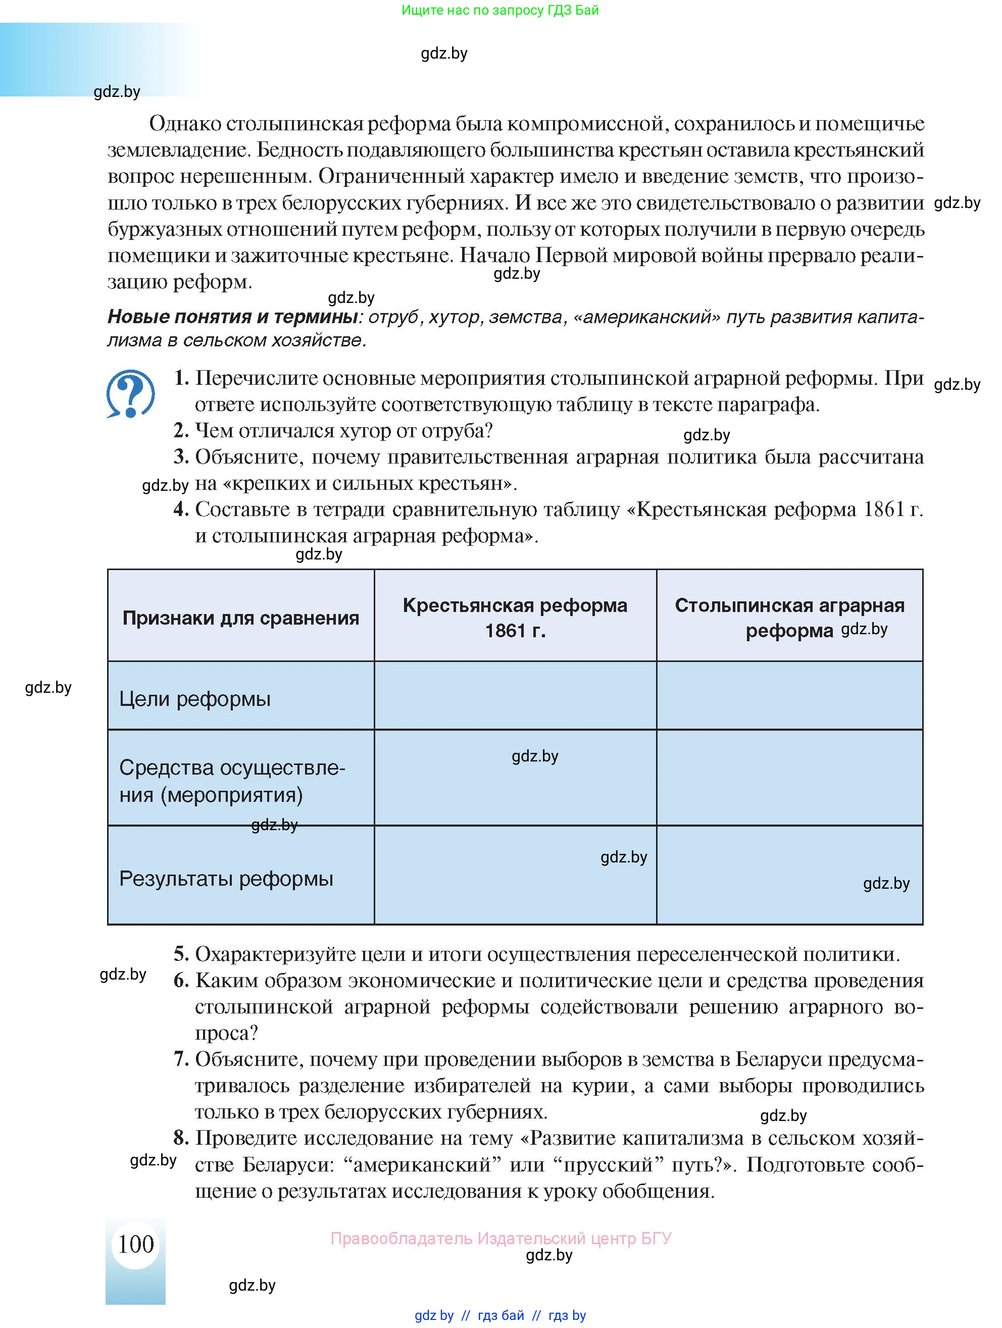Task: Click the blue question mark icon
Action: click(x=130, y=394)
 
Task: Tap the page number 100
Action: click(x=136, y=1244)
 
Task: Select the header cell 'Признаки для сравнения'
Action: click(x=241, y=618)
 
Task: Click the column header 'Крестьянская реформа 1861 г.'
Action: click(x=515, y=618)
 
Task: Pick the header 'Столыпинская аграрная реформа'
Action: click(x=789, y=618)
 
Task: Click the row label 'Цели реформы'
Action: click(x=195, y=699)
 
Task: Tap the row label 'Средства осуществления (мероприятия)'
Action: click(x=232, y=781)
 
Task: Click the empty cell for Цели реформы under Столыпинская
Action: click(x=789, y=695)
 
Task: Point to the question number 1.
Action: click(x=181, y=378)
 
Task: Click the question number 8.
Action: click(x=181, y=1138)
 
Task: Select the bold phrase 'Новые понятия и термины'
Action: click(x=232, y=317)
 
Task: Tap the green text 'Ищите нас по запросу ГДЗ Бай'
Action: click(x=499, y=10)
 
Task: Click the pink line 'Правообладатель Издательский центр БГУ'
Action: click(x=500, y=1238)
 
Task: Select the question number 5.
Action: click(x=181, y=954)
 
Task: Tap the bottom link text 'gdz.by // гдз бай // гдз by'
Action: click(x=499, y=1315)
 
